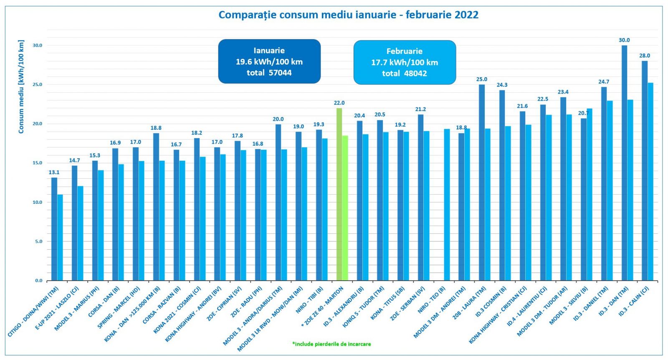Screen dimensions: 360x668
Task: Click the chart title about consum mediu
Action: [x=348, y=15]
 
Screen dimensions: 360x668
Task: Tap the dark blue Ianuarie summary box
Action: [x=269, y=61]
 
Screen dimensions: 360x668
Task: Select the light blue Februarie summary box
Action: [x=405, y=62]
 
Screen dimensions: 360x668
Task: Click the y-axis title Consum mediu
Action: [x=21, y=87]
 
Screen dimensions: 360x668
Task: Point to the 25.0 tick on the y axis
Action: [x=38, y=85]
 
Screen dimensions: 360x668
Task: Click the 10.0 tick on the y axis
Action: [x=38, y=202]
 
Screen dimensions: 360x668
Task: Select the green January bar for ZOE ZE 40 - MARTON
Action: [x=339, y=194]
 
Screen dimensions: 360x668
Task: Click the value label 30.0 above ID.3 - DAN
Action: [x=624, y=40]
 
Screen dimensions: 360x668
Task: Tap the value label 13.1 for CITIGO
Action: [x=54, y=172]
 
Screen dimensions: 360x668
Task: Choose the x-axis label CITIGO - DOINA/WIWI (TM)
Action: [x=33, y=312]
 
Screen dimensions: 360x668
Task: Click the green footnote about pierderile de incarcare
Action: [x=331, y=344]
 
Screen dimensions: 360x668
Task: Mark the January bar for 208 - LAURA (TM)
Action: [x=482, y=182]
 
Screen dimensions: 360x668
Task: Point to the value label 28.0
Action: [x=645, y=56]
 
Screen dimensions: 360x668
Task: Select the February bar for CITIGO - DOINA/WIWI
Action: [x=60, y=237]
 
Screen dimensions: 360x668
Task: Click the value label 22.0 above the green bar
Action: [x=339, y=103]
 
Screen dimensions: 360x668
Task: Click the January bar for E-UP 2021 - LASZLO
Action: [x=74, y=223]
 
